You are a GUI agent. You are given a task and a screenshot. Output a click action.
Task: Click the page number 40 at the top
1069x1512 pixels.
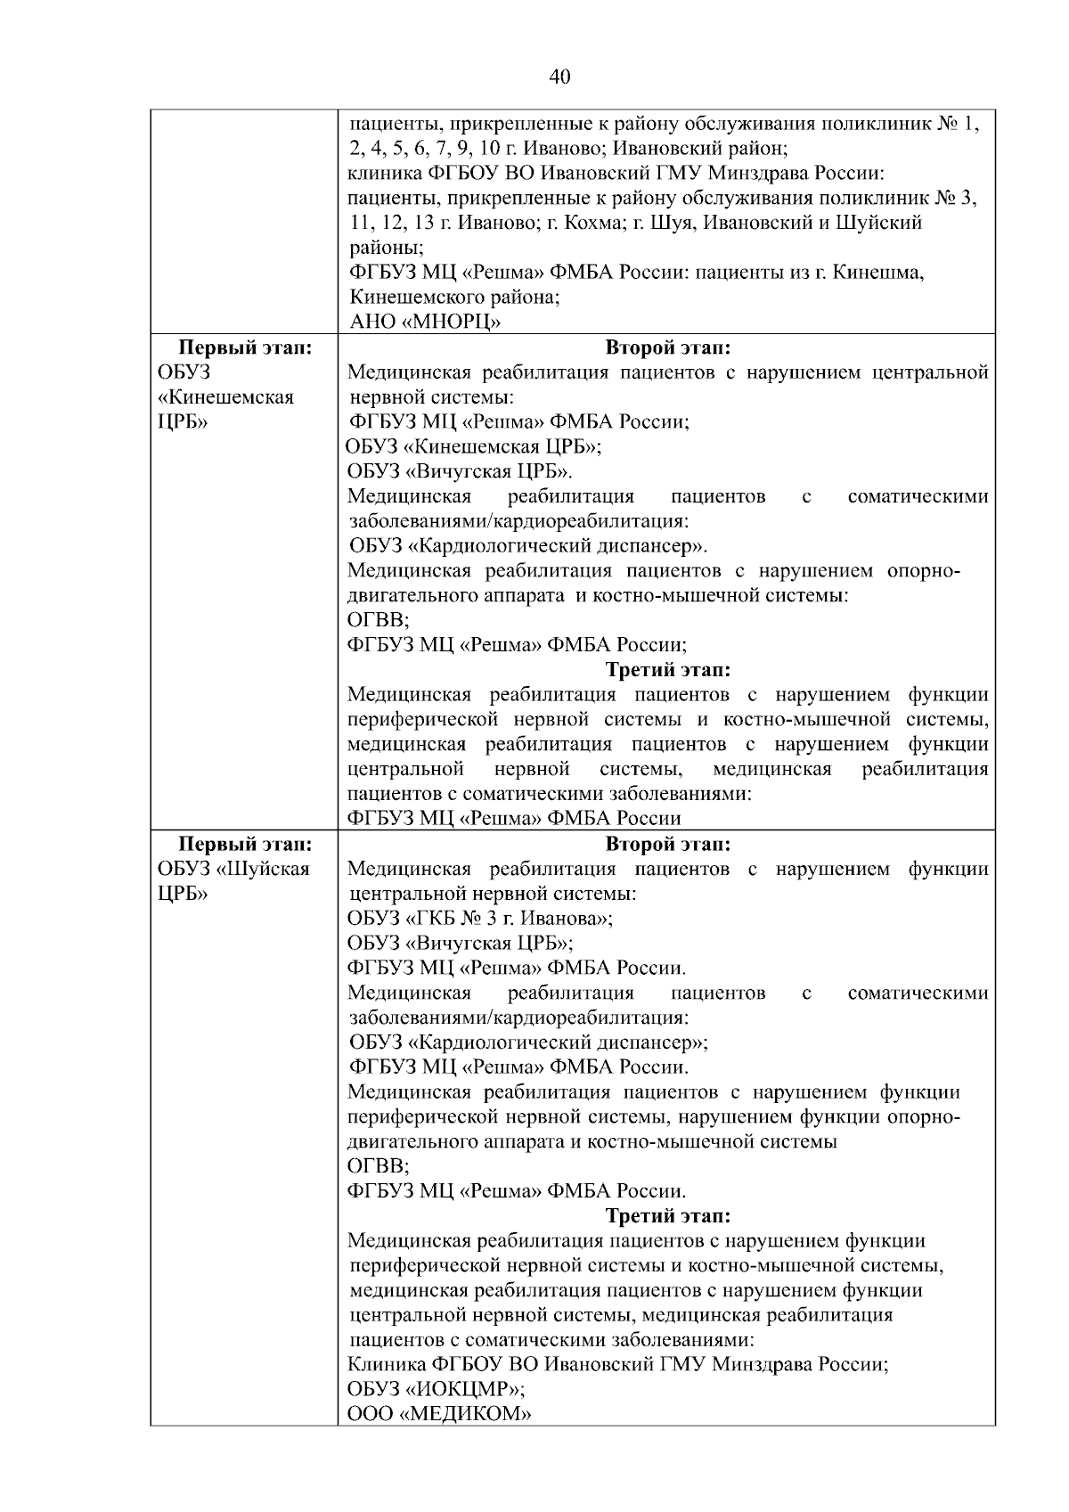click(x=559, y=77)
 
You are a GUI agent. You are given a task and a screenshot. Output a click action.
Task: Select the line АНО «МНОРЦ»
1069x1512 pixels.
click(x=425, y=322)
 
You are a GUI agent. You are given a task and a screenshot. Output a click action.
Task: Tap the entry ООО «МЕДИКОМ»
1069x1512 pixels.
click(x=439, y=1413)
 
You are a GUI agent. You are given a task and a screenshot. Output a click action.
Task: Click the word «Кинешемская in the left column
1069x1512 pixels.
click(x=225, y=396)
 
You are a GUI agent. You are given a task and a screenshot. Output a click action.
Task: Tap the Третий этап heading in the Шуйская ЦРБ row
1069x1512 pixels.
click(x=668, y=1215)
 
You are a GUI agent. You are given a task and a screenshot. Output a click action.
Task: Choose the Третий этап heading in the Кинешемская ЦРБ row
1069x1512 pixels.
click(x=668, y=668)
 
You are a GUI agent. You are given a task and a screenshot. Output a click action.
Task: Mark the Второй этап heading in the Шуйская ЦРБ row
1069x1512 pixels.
click(x=668, y=843)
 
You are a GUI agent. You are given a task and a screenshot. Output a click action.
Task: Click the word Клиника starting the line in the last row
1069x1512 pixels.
click(x=384, y=1364)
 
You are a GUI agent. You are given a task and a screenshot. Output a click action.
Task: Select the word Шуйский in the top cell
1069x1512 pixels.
click(x=878, y=223)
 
